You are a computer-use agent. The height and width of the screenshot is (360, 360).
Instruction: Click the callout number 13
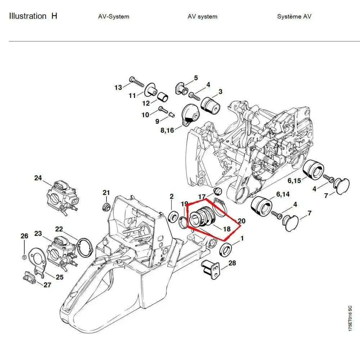point(118,87)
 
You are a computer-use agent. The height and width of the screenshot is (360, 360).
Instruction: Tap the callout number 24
point(38,178)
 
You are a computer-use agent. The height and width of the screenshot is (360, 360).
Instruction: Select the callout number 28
point(232,263)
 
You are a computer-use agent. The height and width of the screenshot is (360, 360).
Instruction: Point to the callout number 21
point(106,193)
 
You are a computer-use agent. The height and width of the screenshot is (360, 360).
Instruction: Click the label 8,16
point(167,130)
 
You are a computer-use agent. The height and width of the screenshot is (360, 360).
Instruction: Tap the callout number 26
point(24,236)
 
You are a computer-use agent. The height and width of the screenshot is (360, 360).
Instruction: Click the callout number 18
point(227,229)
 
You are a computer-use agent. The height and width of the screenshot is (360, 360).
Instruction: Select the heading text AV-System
point(113,17)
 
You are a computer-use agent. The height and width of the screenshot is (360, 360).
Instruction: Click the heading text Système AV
point(294,17)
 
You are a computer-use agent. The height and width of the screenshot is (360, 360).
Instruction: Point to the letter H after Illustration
point(54,16)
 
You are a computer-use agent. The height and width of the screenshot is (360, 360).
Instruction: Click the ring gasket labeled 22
point(86,248)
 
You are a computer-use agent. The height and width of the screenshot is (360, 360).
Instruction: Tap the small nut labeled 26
point(23,257)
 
